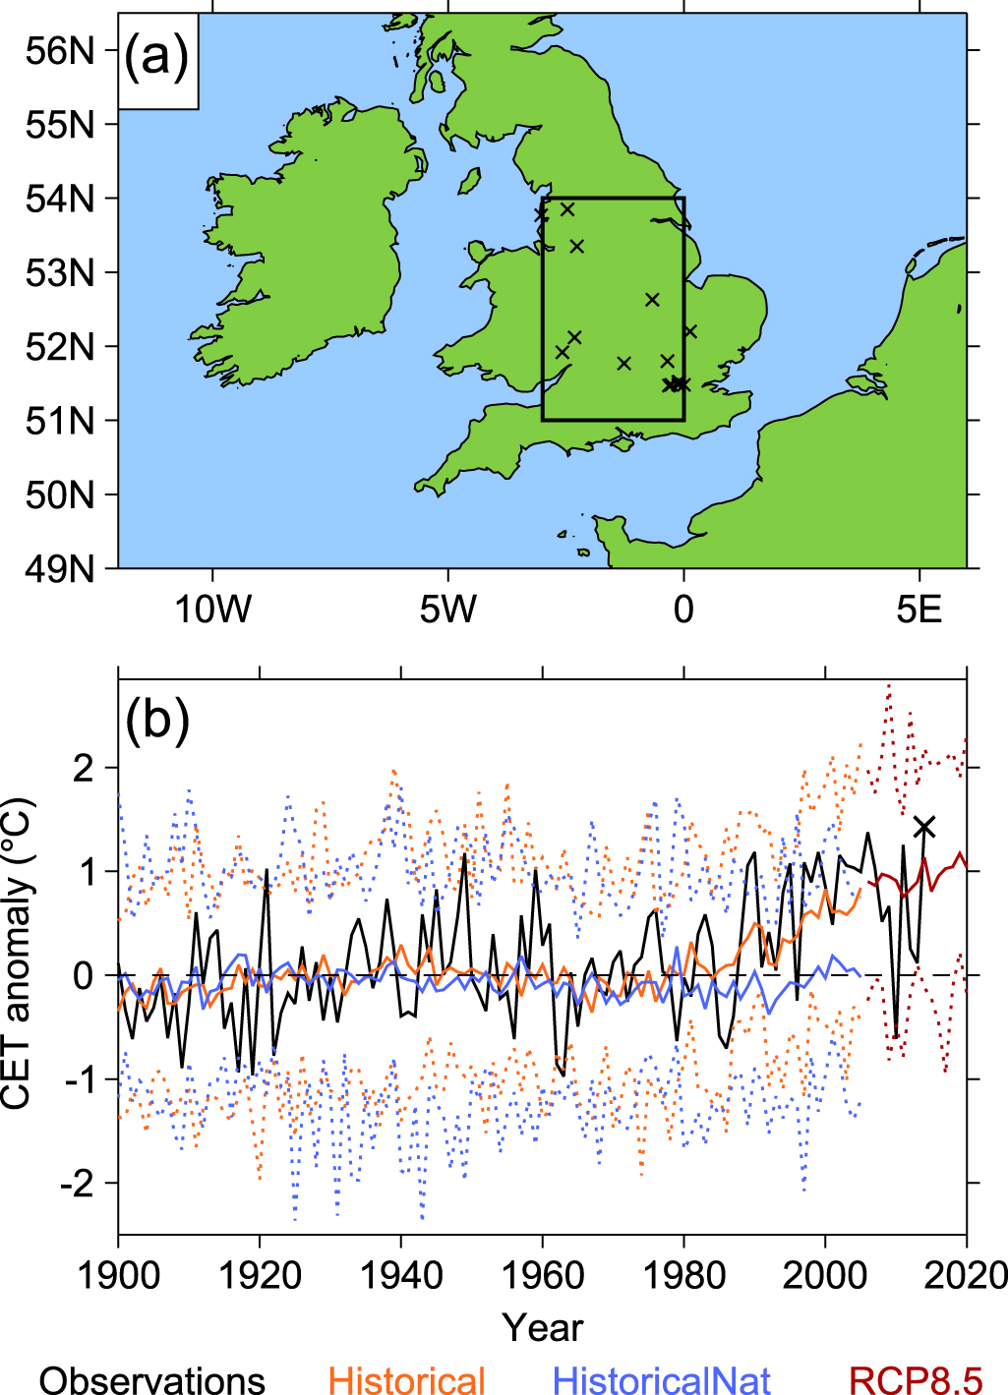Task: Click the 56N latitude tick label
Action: [60, 50]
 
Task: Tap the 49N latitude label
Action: [60, 568]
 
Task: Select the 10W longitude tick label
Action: [212, 610]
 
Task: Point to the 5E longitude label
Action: [919, 610]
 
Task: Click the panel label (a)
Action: [156, 58]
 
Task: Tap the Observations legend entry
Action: [152, 1380]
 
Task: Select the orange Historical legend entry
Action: [407, 1380]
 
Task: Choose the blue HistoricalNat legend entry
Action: [662, 1380]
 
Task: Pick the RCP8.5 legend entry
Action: [916, 1380]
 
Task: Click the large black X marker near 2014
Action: [924, 827]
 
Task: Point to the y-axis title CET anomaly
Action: [18, 954]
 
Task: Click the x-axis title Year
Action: [543, 1328]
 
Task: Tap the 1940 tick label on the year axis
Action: [401, 1276]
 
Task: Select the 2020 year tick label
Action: [966, 1276]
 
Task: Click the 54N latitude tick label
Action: [60, 199]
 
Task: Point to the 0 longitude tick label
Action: [683, 610]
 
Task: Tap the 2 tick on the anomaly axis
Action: [84, 767]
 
